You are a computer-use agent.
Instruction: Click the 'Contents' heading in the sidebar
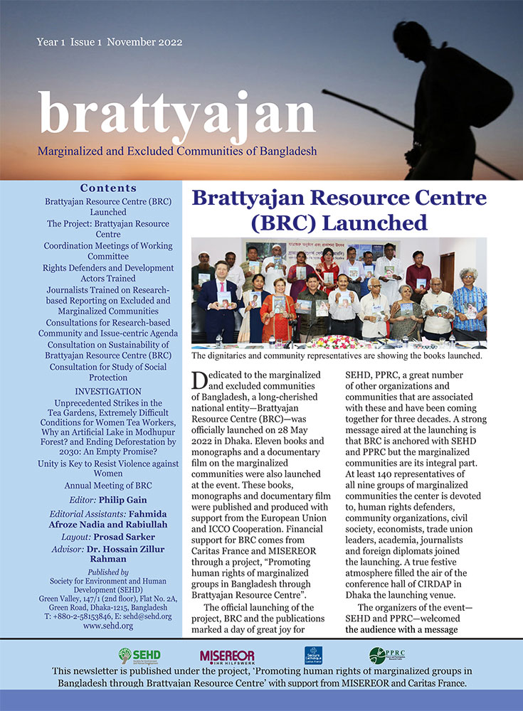pyautogui.click(x=108, y=188)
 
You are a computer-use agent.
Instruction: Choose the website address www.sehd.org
pyautogui.click(x=109, y=626)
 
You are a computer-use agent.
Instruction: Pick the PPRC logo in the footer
pyautogui.click(x=386, y=655)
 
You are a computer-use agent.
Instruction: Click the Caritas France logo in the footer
pyautogui.click(x=315, y=655)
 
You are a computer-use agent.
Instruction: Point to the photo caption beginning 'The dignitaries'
pyautogui.click(x=337, y=355)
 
